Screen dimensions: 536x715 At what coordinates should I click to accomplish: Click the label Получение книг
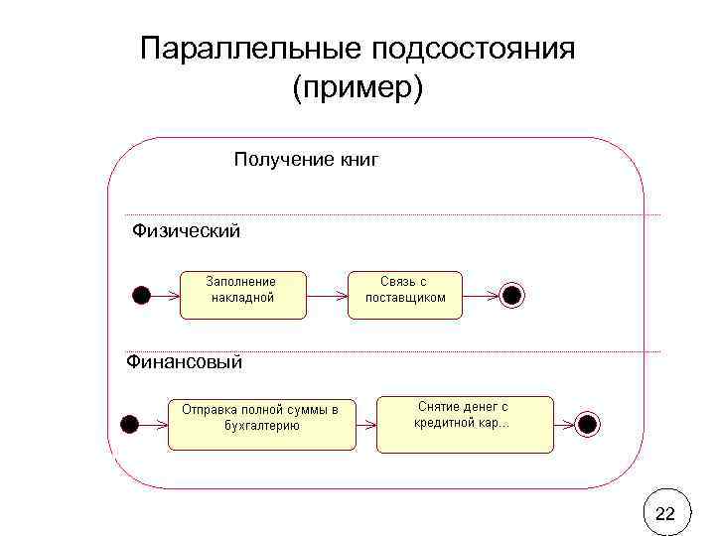(306, 159)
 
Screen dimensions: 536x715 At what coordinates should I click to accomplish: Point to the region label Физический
(187, 231)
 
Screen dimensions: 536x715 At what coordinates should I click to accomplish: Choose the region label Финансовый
(185, 362)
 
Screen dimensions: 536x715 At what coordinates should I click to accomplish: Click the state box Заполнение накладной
(243, 294)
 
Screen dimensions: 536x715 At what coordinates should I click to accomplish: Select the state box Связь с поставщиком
(405, 294)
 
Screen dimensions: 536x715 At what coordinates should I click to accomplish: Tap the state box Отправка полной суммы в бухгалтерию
(261, 423)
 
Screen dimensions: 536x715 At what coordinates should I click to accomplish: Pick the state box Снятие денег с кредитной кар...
(465, 423)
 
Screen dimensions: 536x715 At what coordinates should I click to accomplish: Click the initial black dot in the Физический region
(142, 295)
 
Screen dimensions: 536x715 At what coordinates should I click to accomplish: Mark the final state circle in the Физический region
(511, 295)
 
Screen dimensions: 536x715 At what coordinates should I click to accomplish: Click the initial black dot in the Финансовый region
(128, 424)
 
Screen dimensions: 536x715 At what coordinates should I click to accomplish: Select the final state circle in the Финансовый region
(587, 424)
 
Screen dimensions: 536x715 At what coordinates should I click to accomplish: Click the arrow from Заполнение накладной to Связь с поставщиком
(328, 295)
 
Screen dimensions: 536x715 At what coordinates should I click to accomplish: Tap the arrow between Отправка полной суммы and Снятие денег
(365, 424)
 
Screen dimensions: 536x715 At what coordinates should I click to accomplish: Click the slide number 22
(665, 513)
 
